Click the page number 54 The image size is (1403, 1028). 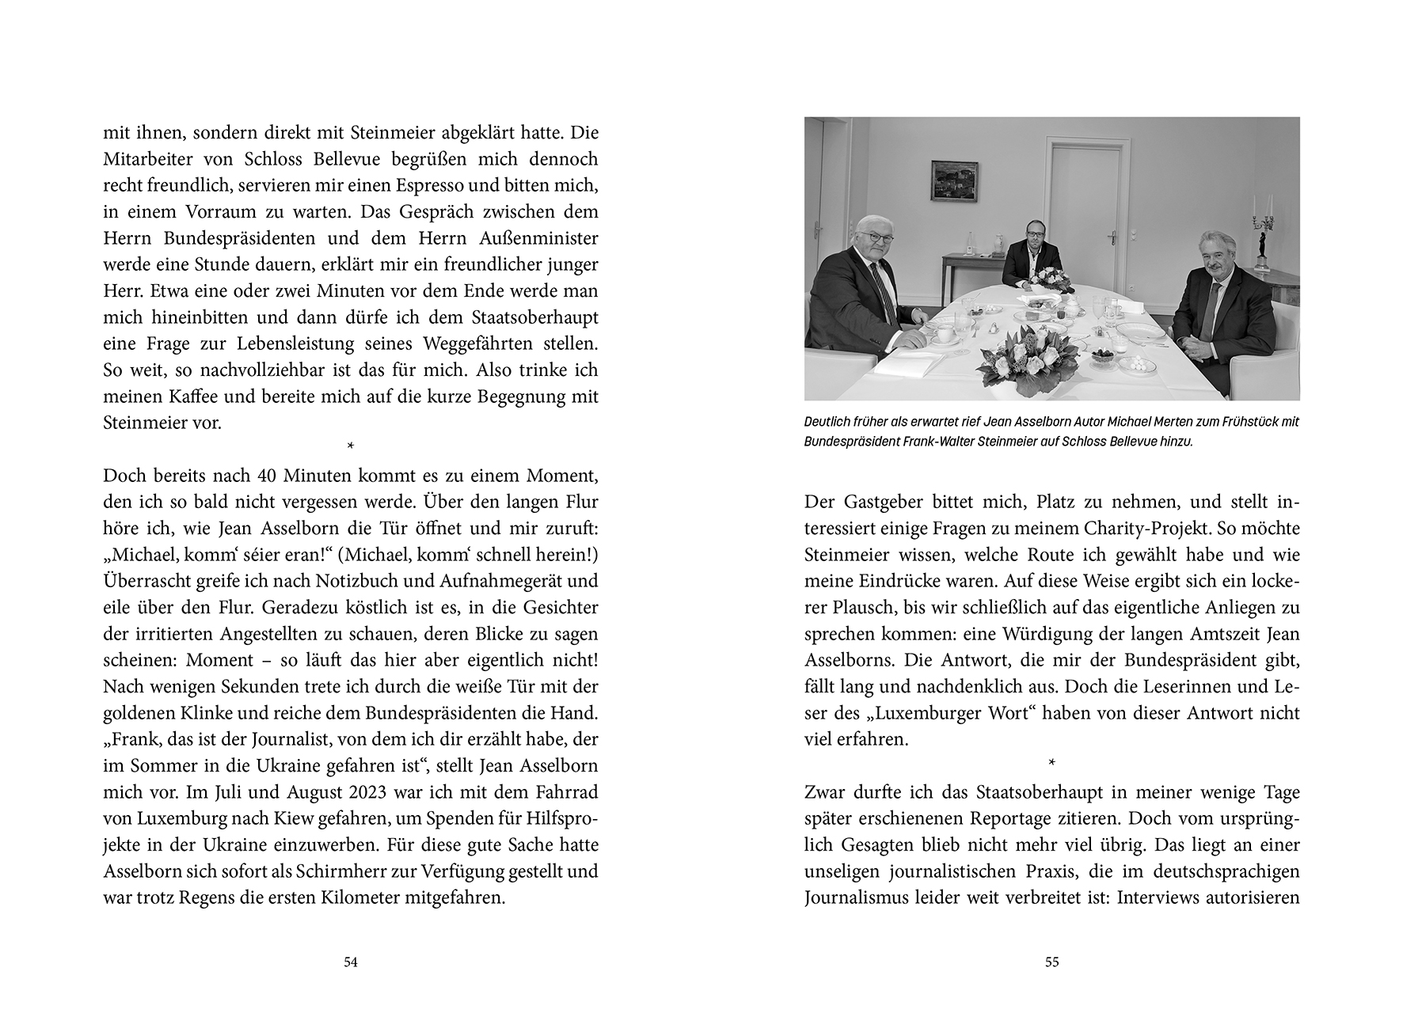pyautogui.click(x=351, y=962)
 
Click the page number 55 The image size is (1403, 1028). pyautogui.click(x=1051, y=962)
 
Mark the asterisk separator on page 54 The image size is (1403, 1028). pyautogui.click(x=351, y=448)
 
